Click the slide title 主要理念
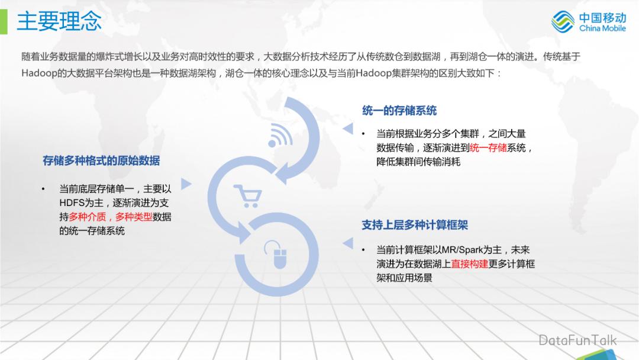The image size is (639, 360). tap(59, 21)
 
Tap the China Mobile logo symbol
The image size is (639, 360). tap(563, 22)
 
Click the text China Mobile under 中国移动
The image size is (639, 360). tap(602, 28)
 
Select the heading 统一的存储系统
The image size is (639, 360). tap(399, 111)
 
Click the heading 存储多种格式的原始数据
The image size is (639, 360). tap(101, 161)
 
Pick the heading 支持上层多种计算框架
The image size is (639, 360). tap(415, 226)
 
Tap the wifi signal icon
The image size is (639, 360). tap(280, 136)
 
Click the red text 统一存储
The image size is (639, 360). tap(488, 148)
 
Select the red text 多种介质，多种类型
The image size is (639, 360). tap(111, 217)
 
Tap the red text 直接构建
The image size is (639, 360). tap(470, 264)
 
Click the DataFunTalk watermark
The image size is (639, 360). tap(577, 340)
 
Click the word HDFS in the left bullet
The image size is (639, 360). tap(73, 203)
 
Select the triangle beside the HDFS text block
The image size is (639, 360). tap(186, 184)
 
